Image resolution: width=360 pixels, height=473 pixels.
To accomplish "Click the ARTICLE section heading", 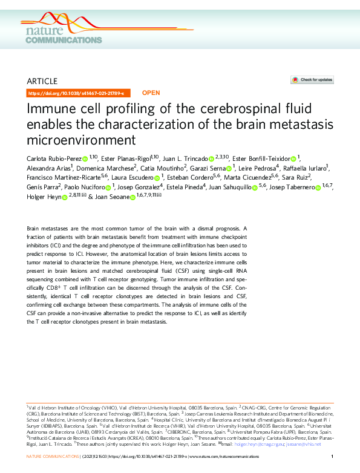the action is coord(42,81).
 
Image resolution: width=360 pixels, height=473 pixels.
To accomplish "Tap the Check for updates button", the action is coord(312,80).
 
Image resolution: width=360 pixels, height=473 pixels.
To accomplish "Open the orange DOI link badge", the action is coord(76,94).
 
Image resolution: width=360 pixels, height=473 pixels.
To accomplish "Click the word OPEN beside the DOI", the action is coord(151,94).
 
